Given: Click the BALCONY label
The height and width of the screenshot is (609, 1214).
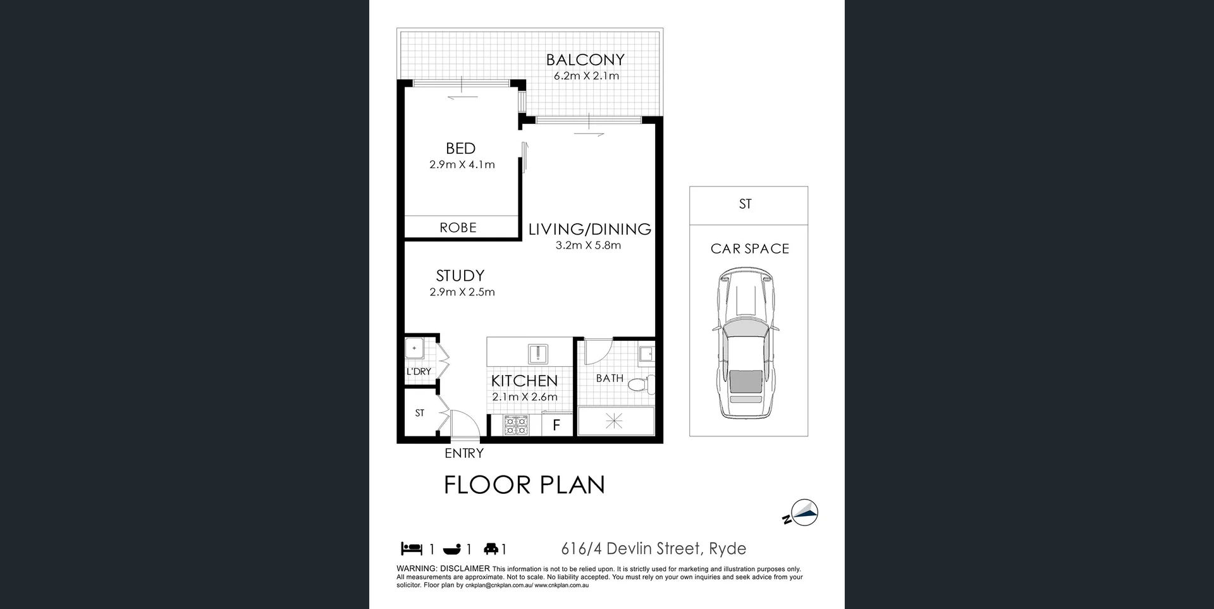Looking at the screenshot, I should click(x=585, y=60).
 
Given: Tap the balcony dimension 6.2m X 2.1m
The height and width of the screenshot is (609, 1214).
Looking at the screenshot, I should click(x=586, y=76).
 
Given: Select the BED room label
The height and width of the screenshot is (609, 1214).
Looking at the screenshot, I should click(x=460, y=149).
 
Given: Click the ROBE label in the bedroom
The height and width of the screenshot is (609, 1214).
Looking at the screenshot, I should click(x=458, y=228).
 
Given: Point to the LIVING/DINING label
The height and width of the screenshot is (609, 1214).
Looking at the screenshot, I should click(x=589, y=229).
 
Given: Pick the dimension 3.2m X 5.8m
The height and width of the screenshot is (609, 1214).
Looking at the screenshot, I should click(x=588, y=245).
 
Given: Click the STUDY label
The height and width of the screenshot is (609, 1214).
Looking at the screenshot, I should click(x=460, y=276).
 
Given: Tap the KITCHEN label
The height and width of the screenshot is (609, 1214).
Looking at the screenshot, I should click(x=524, y=381).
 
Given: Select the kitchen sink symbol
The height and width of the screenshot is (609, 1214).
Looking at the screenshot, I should click(x=538, y=354).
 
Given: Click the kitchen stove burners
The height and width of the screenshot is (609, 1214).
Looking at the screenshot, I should click(x=516, y=425).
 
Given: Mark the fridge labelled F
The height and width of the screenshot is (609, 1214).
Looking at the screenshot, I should click(x=556, y=426).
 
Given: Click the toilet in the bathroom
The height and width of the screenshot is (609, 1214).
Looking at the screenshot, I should click(x=646, y=383).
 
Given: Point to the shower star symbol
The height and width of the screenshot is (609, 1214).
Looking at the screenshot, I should click(x=614, y=421).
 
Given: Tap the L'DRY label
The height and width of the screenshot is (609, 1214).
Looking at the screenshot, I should click(x=419, y=371).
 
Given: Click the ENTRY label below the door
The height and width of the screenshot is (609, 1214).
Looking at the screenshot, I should click(x=464, y=453).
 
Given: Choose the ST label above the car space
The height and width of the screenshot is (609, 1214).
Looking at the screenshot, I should click(x=745, y=204).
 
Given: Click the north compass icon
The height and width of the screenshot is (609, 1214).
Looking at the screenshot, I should click(x=803, y=514).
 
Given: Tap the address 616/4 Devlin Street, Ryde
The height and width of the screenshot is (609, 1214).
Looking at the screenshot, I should click(x=653, y=548).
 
